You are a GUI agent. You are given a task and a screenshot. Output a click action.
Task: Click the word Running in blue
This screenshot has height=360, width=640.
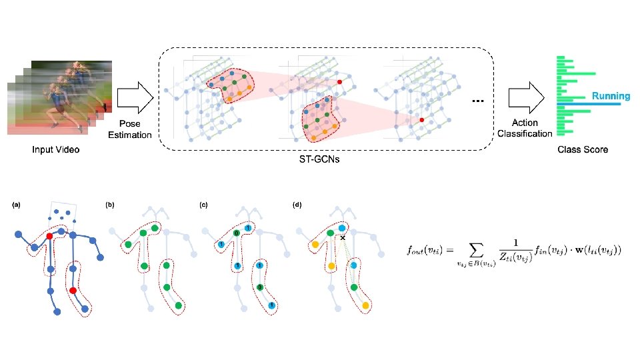coord(611,96)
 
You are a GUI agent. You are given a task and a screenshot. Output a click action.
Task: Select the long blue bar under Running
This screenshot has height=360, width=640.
coord(593,105)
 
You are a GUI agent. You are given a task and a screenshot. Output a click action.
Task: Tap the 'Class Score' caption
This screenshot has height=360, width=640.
coord(583,150)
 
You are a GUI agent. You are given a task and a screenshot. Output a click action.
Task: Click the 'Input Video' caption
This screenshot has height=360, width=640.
coord(56,150)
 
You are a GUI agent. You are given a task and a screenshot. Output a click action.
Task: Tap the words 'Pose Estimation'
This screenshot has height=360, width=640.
coord(129,129)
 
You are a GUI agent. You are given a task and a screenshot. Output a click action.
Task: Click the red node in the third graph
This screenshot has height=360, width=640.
coord(421,120)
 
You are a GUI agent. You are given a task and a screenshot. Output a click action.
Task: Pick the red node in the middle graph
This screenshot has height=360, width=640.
coord(339,81)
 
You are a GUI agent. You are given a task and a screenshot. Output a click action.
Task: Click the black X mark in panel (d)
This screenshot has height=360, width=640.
coord(342,238)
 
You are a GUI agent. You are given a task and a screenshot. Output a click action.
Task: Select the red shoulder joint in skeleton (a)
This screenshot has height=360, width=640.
coord(49,236)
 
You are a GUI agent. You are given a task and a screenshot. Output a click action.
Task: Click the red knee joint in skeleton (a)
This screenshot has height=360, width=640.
coord(73,291)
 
